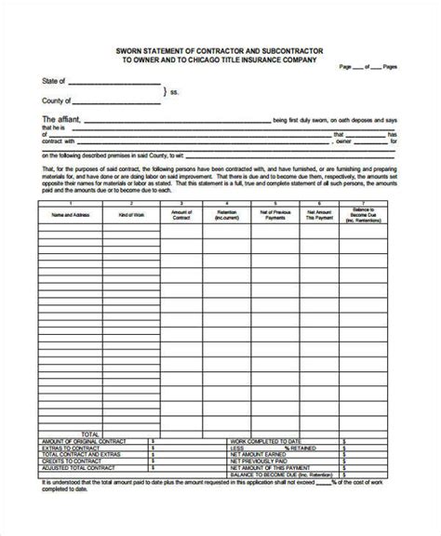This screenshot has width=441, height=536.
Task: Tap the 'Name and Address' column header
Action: [67, 213]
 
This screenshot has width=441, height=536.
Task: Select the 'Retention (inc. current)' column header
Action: [227, 215]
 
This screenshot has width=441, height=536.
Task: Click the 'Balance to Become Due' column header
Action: [367, 215]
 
